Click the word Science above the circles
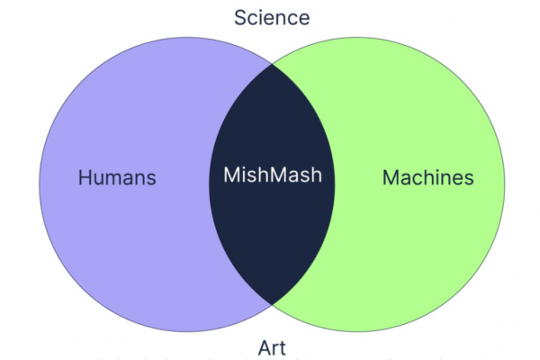pos(271,17)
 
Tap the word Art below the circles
pos(271,346)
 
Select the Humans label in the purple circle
pos(117,177)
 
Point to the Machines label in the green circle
pos(427,177)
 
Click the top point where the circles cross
pos(272,64)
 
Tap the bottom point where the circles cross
pos(272,304)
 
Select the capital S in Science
pos(239,17)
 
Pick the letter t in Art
pos(283,346)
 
